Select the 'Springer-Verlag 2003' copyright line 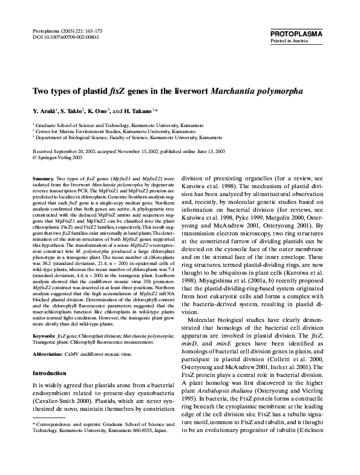pyautogui.click(x=59, y=156)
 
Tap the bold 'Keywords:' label pyautogui.click(x=45, y=335)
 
